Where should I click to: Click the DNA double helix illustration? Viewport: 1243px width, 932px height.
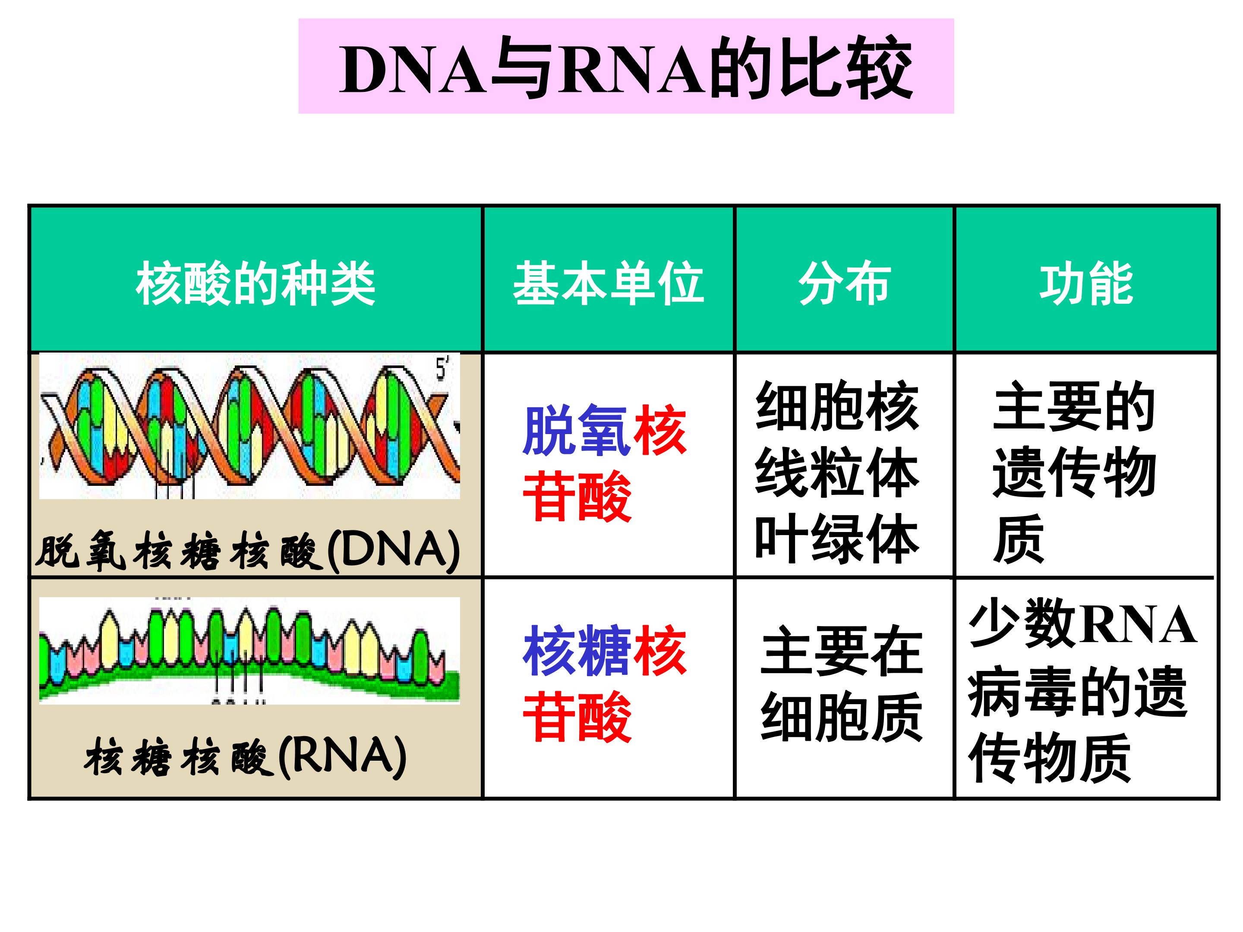(249, 426)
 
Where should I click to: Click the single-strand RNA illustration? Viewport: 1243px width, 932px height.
(249, 650)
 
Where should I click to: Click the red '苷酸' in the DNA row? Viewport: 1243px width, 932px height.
(577, 497)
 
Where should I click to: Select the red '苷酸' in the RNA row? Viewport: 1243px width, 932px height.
(577, 718)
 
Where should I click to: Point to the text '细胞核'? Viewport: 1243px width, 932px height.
(837, 406)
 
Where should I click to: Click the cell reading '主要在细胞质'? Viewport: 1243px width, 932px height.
(842, 684)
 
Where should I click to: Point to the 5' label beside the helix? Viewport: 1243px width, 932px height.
(443, 368)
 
